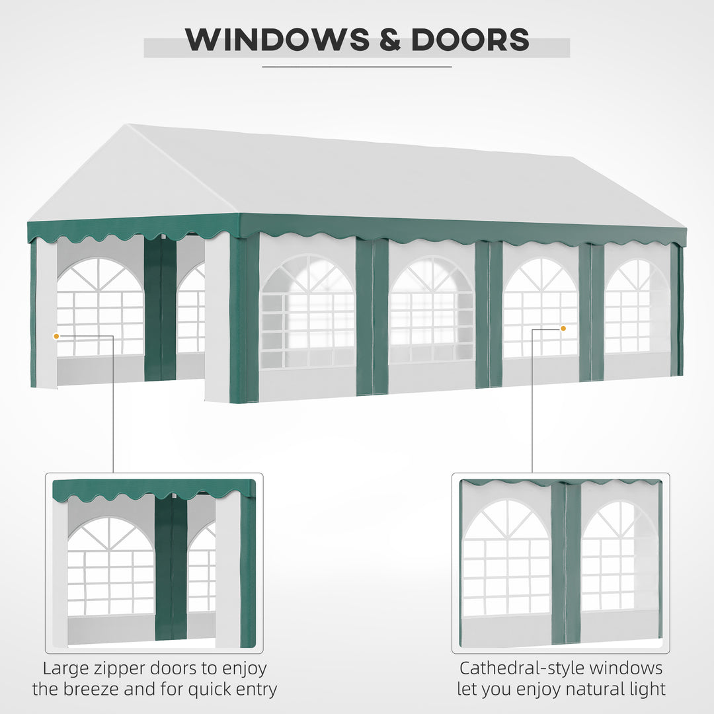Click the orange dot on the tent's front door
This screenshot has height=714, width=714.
56,337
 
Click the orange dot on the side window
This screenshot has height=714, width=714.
563,328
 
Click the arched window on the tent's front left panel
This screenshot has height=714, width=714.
100,307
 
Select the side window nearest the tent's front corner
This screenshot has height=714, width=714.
307,312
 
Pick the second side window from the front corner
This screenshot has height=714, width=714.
432,310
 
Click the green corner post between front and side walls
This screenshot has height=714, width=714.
244,317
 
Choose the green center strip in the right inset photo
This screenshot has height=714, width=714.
566,562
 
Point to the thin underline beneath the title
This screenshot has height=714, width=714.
357,66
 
